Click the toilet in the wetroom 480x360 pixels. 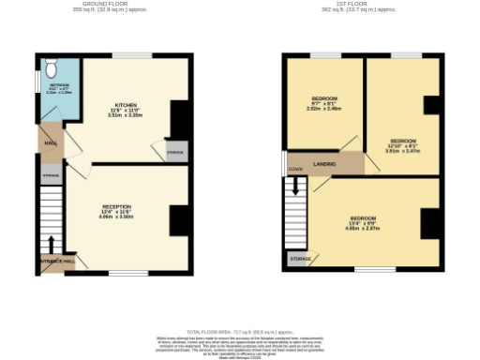(52, 68)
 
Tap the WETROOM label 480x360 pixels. (59, 88)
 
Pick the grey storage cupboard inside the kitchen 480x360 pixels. (175, 153)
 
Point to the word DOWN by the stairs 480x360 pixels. (295, 170)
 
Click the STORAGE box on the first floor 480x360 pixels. (300, 258)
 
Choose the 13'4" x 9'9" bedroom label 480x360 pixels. (364, 222)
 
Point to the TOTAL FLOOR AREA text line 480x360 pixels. (240, 332)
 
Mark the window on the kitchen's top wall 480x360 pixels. (131, 54)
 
